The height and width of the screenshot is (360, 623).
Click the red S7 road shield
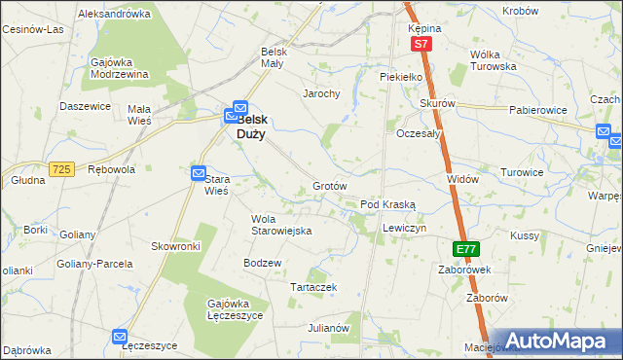pos(421,45)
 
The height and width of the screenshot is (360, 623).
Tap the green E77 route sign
pos(466,249)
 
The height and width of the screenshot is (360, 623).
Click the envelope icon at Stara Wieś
pos(199,174)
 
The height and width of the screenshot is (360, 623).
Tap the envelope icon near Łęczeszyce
pos(120,337)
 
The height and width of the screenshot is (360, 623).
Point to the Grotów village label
pos(330,186)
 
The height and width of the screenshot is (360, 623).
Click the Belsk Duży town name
pos(264,127)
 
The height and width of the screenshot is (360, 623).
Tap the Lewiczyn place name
pos(404,227)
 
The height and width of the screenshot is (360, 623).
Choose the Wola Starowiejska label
pos(280,225)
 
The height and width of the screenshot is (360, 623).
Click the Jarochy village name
pos(320,94)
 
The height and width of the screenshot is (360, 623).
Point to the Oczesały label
pos(419,133)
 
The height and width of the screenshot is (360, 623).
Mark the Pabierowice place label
pos(537,110)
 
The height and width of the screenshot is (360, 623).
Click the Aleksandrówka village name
pos(114,15)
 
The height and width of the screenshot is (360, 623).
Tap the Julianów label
pos(328,328)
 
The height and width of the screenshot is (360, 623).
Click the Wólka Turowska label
pos(492,60)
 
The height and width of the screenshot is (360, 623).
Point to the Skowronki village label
pos(175,247)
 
